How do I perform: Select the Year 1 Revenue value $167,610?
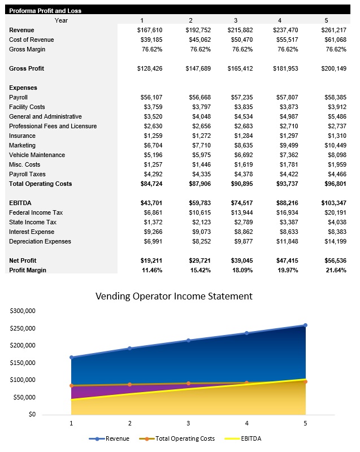[150, 30]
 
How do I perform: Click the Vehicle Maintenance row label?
[37, 155]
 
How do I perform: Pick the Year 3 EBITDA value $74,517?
[240, 203]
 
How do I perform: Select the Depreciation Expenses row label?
[40, 241]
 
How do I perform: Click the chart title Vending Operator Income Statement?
[174, 296]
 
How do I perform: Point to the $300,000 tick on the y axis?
[23, 311]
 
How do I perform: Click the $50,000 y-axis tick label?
[25, 397]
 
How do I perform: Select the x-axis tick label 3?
[188, 423]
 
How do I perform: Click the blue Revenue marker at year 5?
[305, 325]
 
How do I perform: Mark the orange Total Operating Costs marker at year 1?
[71, 385]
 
